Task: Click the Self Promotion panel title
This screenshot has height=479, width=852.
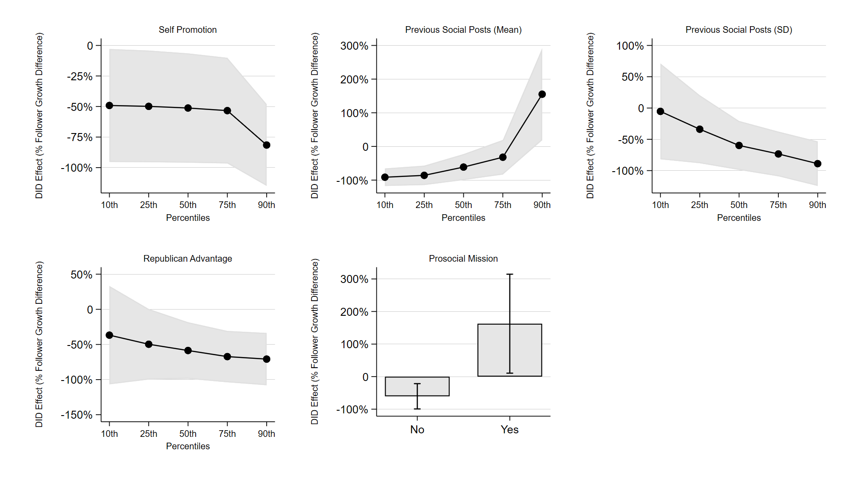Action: (x=188, y=30)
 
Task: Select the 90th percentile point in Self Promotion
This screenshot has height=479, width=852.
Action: (x=266, y=145)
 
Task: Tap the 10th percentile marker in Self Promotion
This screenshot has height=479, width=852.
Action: (x=110, y=106)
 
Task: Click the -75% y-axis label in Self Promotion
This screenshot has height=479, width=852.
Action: (x=80, y=137)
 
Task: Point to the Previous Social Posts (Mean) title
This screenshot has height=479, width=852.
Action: (x=463, y=30)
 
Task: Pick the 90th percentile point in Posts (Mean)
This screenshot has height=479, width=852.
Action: (x=542, y=94)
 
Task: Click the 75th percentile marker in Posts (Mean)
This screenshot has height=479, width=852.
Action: (x=503, y=157)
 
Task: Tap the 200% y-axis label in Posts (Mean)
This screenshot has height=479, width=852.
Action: (x=354, y=80)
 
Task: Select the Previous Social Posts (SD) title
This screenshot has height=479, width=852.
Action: (x=739, y=30)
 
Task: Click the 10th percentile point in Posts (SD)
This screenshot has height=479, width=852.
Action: (x=660, y=111)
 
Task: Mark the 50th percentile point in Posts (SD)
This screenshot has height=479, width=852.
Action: (x=739, y=145)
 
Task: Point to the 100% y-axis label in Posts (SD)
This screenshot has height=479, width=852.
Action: (x=630, y=46)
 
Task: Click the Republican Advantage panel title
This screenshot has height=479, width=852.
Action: (x=188, y=259)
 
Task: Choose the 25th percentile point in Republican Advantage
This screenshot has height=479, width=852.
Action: (x=149, y=344)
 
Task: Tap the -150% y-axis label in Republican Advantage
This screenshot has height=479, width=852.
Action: (x=77, y=415)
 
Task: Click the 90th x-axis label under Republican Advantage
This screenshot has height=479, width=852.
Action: (x=266, y=434)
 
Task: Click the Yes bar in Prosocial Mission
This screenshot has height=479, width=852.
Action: (x=493, y=350)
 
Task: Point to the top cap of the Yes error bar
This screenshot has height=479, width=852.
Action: (x=510, y=275)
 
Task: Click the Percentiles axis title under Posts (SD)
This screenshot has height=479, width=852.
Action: (x=739, y=218)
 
